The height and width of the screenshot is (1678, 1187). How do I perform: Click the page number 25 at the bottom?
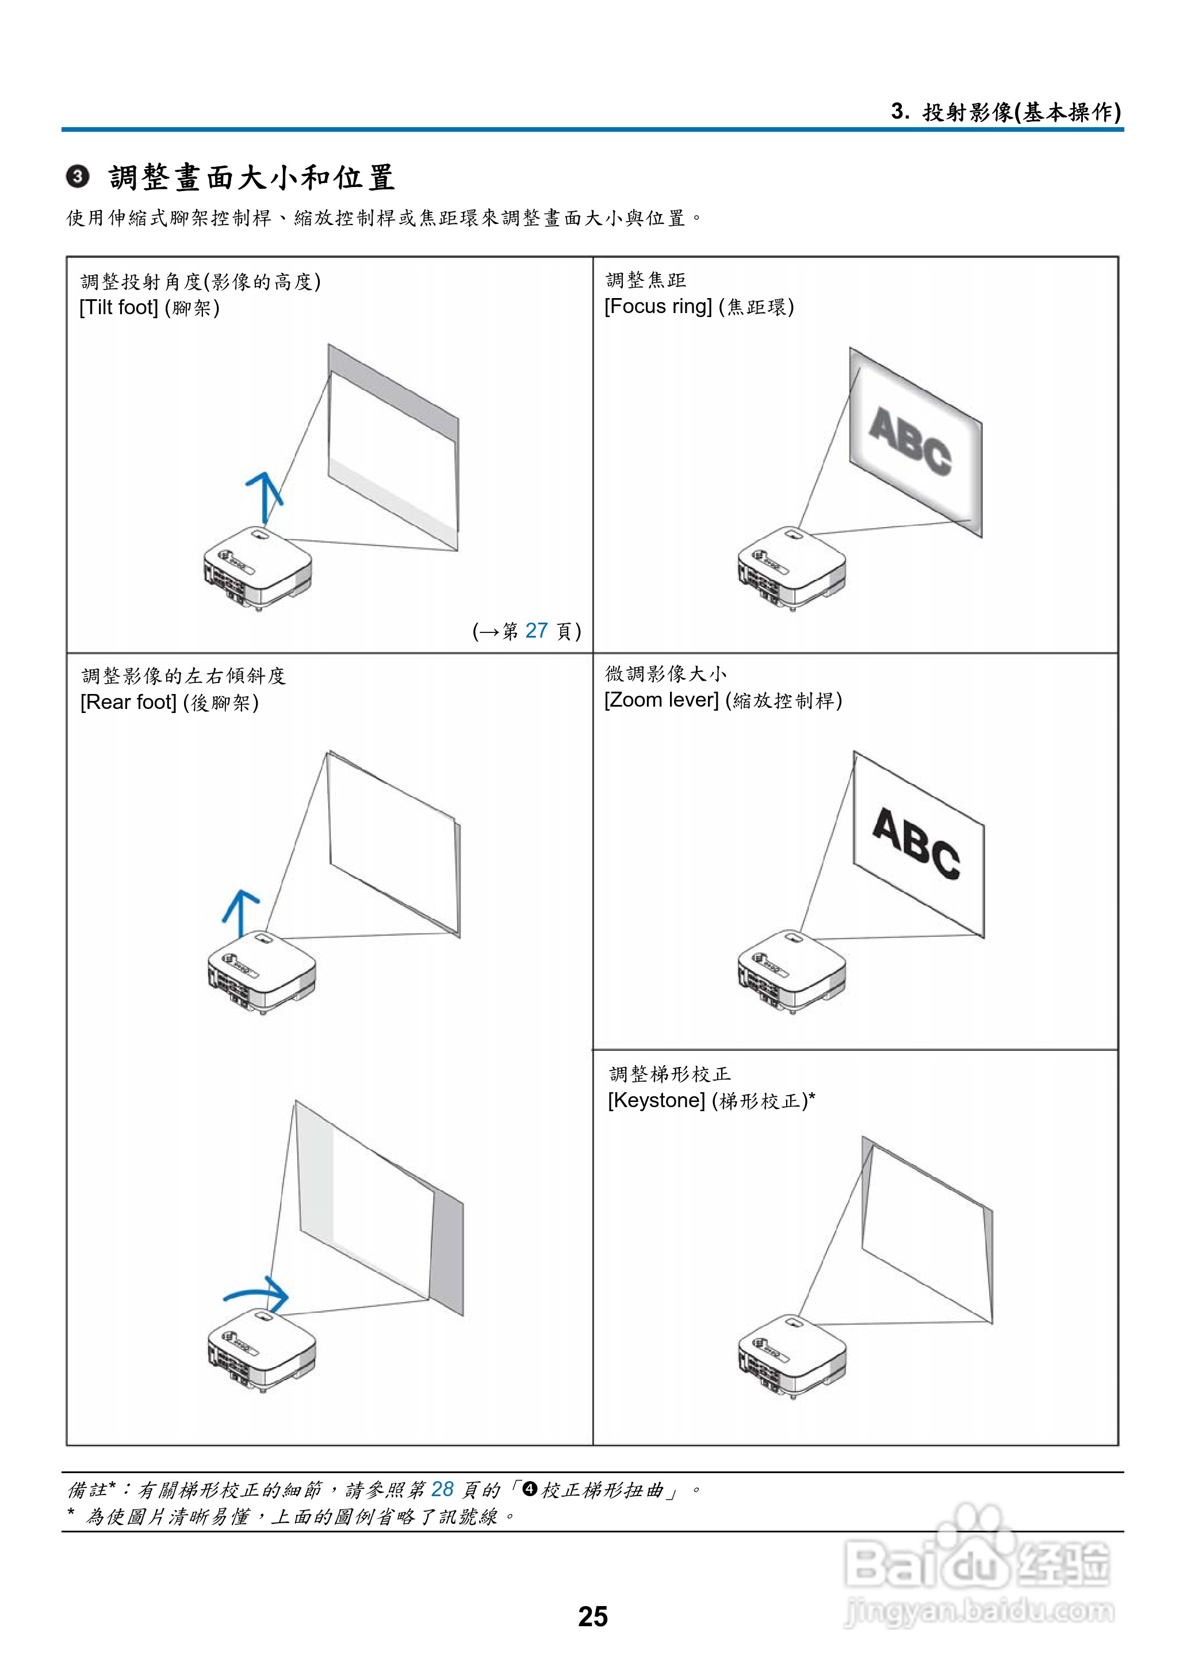593,1616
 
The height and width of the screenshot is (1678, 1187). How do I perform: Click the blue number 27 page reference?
537,630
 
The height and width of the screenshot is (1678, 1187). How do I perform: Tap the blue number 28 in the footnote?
442,1489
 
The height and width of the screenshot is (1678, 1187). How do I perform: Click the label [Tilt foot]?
119,308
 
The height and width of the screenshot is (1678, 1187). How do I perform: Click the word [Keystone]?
656,1100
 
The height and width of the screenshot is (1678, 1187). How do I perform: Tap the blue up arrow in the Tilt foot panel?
264,497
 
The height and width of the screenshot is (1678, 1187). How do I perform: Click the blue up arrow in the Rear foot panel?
240,913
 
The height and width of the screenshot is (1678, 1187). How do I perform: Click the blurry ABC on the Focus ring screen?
910,440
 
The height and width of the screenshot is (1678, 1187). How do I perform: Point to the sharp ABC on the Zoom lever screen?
916,842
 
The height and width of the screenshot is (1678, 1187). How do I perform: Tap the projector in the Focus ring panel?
791,567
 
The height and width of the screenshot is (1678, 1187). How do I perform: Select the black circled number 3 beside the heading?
78,177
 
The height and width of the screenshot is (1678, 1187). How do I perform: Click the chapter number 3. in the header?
900,111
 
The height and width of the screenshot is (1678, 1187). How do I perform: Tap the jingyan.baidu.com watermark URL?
979,1611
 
